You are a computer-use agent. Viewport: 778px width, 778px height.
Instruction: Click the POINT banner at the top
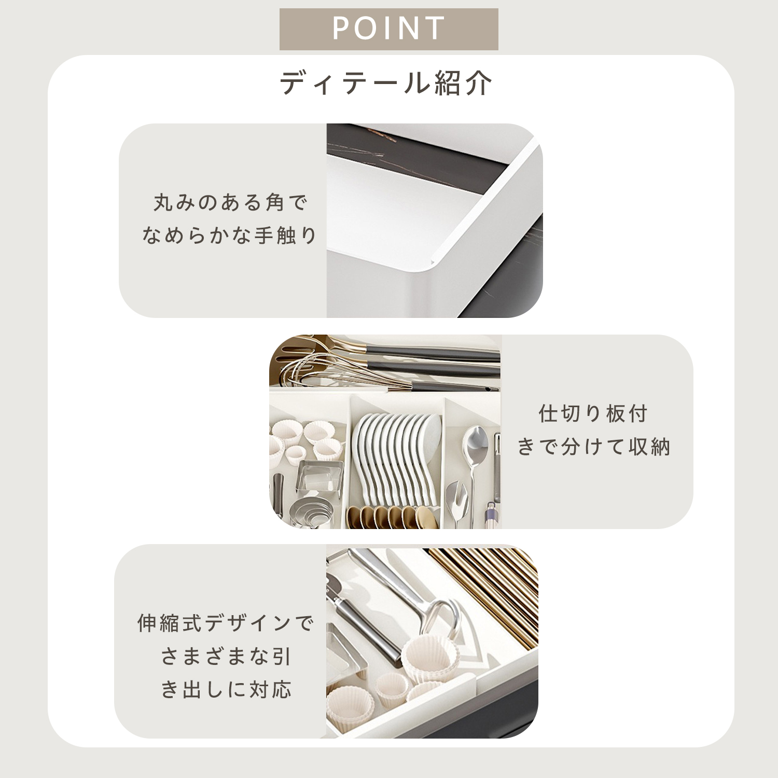[388, 29]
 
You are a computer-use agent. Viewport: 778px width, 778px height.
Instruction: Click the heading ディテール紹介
[386, 83]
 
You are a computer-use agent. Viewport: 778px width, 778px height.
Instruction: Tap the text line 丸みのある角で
[230, 202]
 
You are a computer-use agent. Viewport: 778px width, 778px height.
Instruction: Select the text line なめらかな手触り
[229, 235]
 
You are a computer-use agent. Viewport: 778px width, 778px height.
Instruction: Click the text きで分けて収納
[593, 447]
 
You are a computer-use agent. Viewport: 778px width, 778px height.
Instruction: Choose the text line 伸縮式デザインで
[226, 623]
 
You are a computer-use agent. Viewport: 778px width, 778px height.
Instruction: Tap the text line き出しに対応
[226, 690]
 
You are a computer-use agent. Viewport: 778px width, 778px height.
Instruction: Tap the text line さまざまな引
[226, 657]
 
